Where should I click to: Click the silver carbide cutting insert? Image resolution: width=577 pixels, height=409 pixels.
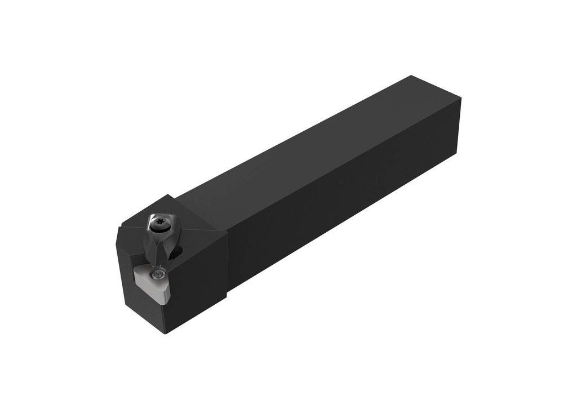[x=153, y=283]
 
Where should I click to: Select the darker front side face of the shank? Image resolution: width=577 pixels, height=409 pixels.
[x=344, y=208]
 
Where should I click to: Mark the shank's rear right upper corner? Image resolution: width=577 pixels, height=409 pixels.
[x=460, y=98]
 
